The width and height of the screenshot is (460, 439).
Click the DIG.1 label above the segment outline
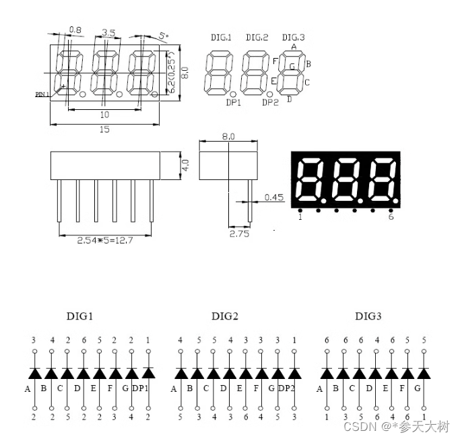(221, 38)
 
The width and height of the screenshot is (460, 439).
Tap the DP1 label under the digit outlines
(234, 103)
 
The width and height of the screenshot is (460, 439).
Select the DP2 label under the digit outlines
(270, 103)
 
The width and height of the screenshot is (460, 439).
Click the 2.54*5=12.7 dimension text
(104, 240)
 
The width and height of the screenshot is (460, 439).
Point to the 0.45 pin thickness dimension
(274, 197)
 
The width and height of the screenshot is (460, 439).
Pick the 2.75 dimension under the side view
(240, 233)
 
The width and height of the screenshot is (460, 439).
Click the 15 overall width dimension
(104, 129)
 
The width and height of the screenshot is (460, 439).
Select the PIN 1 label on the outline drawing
(43, 95)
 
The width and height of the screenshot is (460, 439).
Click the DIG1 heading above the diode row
(79, 316)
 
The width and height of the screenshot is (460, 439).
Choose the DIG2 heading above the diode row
(225, 316)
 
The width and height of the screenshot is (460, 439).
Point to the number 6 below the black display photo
(391, 216)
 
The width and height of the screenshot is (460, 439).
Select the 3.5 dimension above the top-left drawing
(108, 32)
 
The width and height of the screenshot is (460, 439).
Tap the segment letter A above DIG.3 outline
(294, 47)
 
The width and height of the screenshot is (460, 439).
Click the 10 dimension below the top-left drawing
(104, 115)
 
